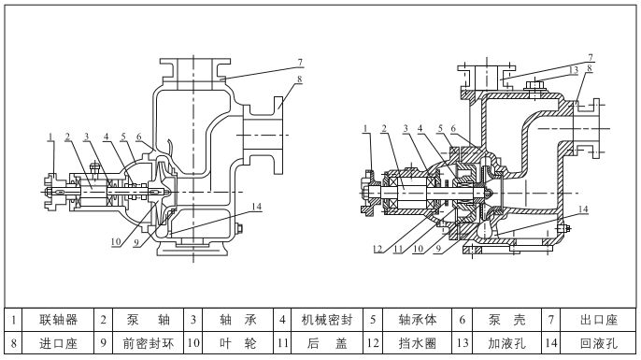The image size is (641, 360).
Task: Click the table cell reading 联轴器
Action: point(58,320)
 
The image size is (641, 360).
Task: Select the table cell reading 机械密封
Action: point(327,320)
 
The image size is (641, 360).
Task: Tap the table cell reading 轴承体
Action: point(417,320)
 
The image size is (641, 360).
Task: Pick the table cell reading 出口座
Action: point(598,320)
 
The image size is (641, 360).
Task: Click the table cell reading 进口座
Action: point(58,343)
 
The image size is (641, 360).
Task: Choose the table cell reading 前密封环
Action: point(148,343)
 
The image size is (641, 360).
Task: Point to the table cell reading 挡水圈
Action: point(417,343)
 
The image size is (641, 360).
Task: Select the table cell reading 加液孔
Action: point(506,343)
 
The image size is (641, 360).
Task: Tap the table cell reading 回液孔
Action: point(598,343)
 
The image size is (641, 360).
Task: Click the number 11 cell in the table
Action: point(282,343)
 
